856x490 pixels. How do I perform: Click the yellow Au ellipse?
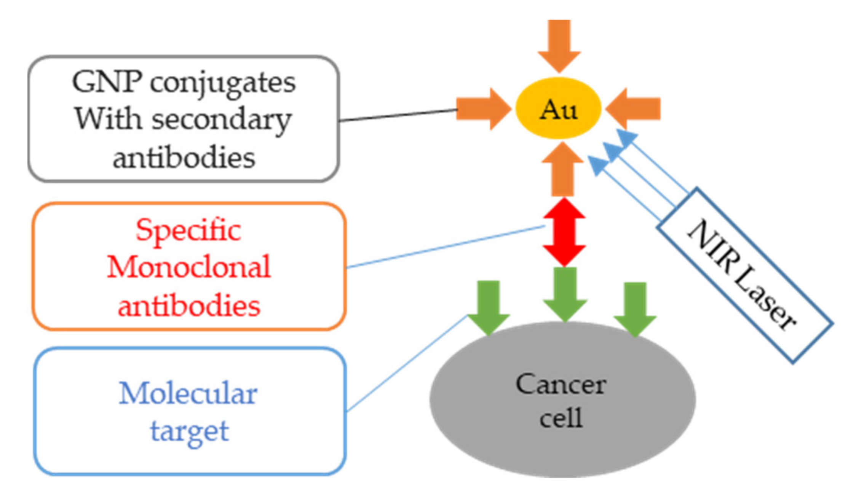pyautogui.click(x=558, y=108)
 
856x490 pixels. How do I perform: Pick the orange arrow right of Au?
pyautogui.click(x=634, y=109)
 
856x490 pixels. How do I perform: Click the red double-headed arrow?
pyautogui.click(x=564, y=232)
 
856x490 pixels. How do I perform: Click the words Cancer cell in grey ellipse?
pyautogui.click(x=561, y=401)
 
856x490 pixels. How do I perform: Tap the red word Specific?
pyautogui.click(x=188, y=230)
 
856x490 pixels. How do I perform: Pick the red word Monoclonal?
pyautogui.click(x=189, y=267)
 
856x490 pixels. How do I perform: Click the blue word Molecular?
pyautogui.click(x=188, y=394)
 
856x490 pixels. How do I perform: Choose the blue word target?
pyautogui.click(x=190, y=431)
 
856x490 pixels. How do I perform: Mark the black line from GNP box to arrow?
pyautogui.click(x=398, y=115)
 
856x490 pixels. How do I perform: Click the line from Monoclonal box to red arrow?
pyautogui.click(x=446, y=247)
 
